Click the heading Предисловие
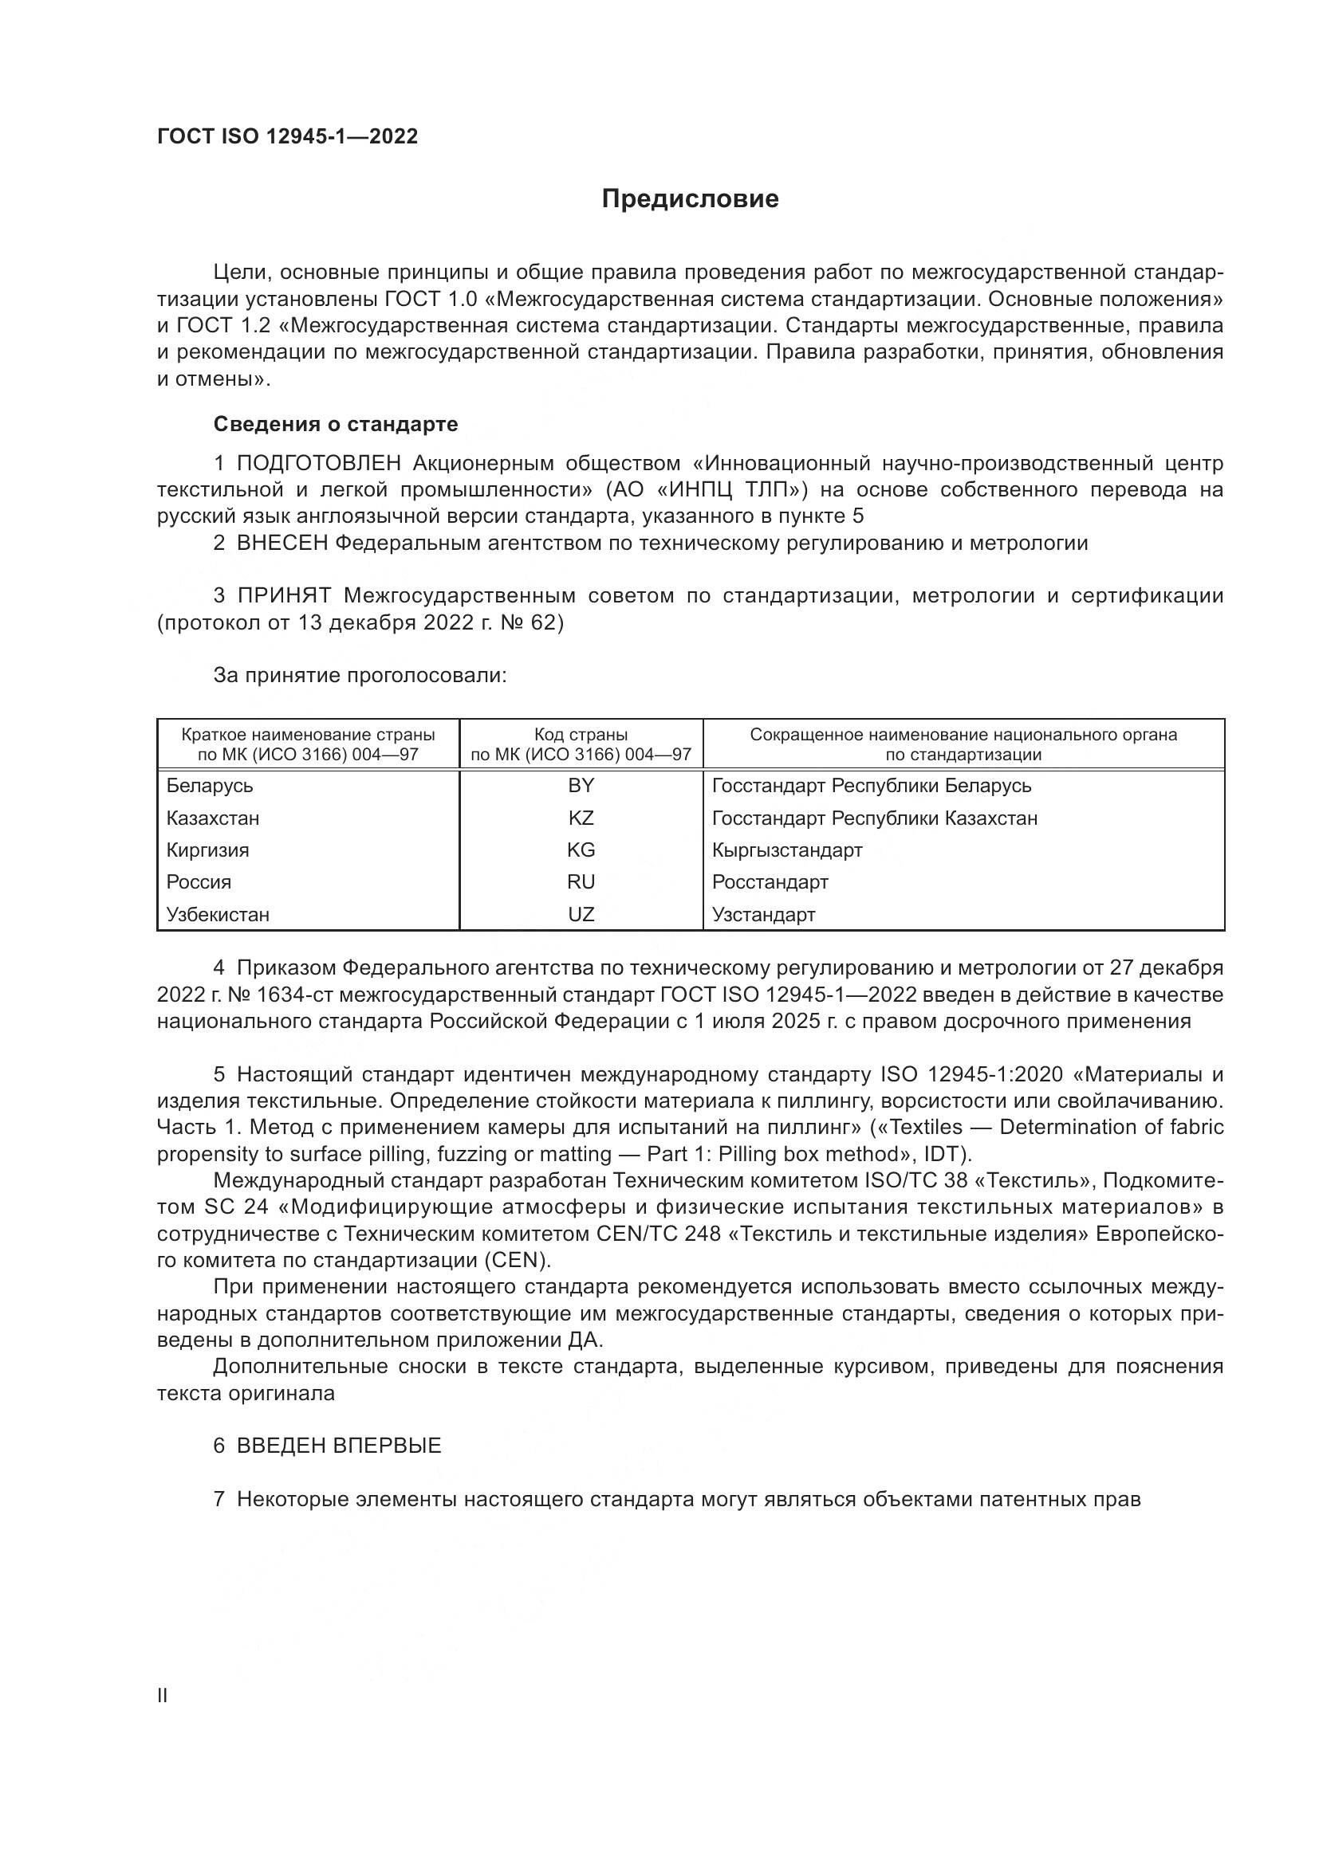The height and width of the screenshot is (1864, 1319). click(690, 199)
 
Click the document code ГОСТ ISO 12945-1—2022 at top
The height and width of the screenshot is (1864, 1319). click(288, 136)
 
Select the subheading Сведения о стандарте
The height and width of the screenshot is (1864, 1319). click(336, 424)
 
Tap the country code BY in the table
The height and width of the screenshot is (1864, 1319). click(581, 785)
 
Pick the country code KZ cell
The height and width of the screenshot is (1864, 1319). click(581, 818)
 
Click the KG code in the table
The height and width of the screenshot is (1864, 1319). click(581, 850)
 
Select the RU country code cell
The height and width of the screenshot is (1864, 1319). click(581, 881)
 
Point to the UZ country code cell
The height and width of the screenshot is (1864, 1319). click(581, 914)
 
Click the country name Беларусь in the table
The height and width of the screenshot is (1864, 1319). click(210, 785)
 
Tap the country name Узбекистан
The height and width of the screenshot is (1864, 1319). click(218, 914)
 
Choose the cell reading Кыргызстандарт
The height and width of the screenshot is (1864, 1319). click(786, 850)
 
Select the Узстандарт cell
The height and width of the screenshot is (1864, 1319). click(762, 914)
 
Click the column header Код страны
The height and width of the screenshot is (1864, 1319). click(581, 735)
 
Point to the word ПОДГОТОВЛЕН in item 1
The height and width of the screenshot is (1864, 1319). click(318, 464)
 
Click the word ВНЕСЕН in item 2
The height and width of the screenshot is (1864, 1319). click(282, 544)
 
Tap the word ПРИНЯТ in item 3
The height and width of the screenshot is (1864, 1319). click(283, 596)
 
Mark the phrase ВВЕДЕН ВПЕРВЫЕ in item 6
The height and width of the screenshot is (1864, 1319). click(339, 1446)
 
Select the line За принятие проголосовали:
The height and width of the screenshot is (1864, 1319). click(360, 676)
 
